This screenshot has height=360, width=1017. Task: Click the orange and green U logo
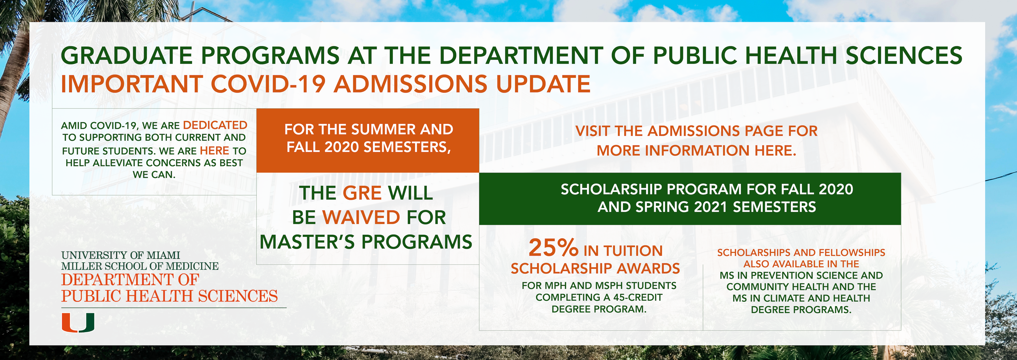point(78,323)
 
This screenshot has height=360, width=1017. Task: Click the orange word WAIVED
point(361,218)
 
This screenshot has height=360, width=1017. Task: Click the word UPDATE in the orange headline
point(543,84)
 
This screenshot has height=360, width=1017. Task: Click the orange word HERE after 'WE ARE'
point(214,151)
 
